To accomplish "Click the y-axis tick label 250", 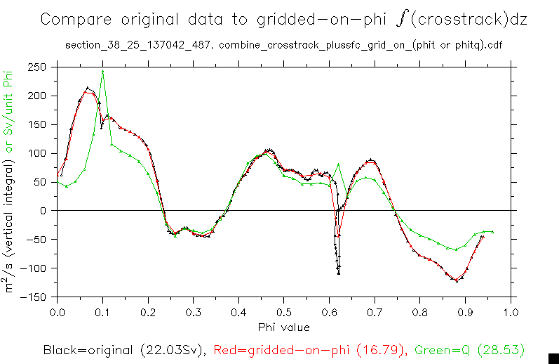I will [37, 67].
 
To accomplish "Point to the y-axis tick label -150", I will [34, 297].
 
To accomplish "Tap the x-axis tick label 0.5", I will [283, 311].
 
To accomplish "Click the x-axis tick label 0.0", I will [57, 311].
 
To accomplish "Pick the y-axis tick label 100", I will [37, 153].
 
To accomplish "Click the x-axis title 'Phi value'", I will [283, 327].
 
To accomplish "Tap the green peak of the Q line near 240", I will [102, 71].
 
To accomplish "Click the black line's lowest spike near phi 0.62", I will [339, 273].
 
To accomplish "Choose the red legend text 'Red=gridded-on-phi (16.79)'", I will [310, 349].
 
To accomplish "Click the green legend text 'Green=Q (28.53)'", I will [469, 349].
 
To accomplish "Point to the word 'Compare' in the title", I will [74, 20].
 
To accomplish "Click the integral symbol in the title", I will [400, 19].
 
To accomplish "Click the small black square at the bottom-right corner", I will [553, 358].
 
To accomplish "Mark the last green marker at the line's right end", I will [492, 231].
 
